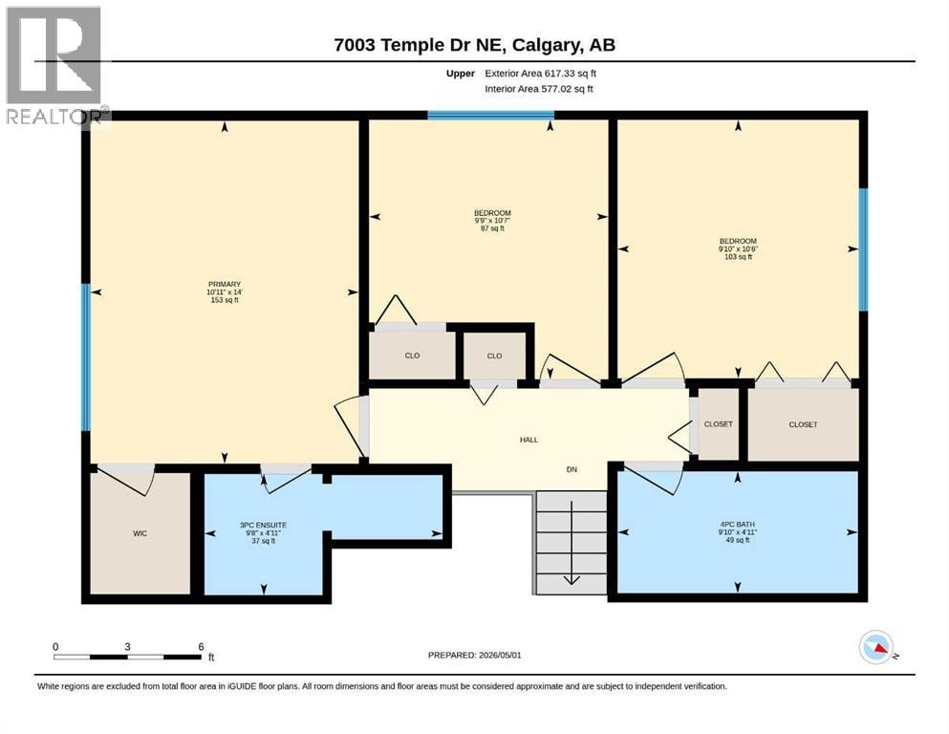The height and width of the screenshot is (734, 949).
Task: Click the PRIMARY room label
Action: [x=225, y=284]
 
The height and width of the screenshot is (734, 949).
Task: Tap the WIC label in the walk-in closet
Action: [x=140, y=533]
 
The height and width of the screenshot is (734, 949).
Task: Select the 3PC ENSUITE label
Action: [x=263, y=526]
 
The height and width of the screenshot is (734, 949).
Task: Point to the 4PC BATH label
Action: [x=737, y=524]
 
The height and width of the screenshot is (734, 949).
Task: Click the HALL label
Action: [x=528, y=440]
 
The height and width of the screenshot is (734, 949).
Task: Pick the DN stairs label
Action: [x=572, y=469]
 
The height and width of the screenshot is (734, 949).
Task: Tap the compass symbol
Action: [x=876, y=647]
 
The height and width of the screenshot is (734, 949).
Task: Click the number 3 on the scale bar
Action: [x=127, y=646]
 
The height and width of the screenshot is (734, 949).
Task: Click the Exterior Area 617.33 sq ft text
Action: [x=541, y=74]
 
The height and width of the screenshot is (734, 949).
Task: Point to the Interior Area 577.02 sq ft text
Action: [x=539, y=89]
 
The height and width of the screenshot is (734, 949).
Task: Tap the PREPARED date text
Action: [x=474, y=655]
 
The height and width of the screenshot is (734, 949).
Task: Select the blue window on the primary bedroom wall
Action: [x=86, y=357]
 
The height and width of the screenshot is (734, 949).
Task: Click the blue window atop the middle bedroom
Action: [x=491, y=115]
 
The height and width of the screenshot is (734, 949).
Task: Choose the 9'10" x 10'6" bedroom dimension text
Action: [x=738, y=248]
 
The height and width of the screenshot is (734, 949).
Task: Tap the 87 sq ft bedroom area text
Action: [x=492, y=228]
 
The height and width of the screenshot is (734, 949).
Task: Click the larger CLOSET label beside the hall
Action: [x=803, y=424]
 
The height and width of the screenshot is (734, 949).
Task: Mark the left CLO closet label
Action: [x=412, y=356]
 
